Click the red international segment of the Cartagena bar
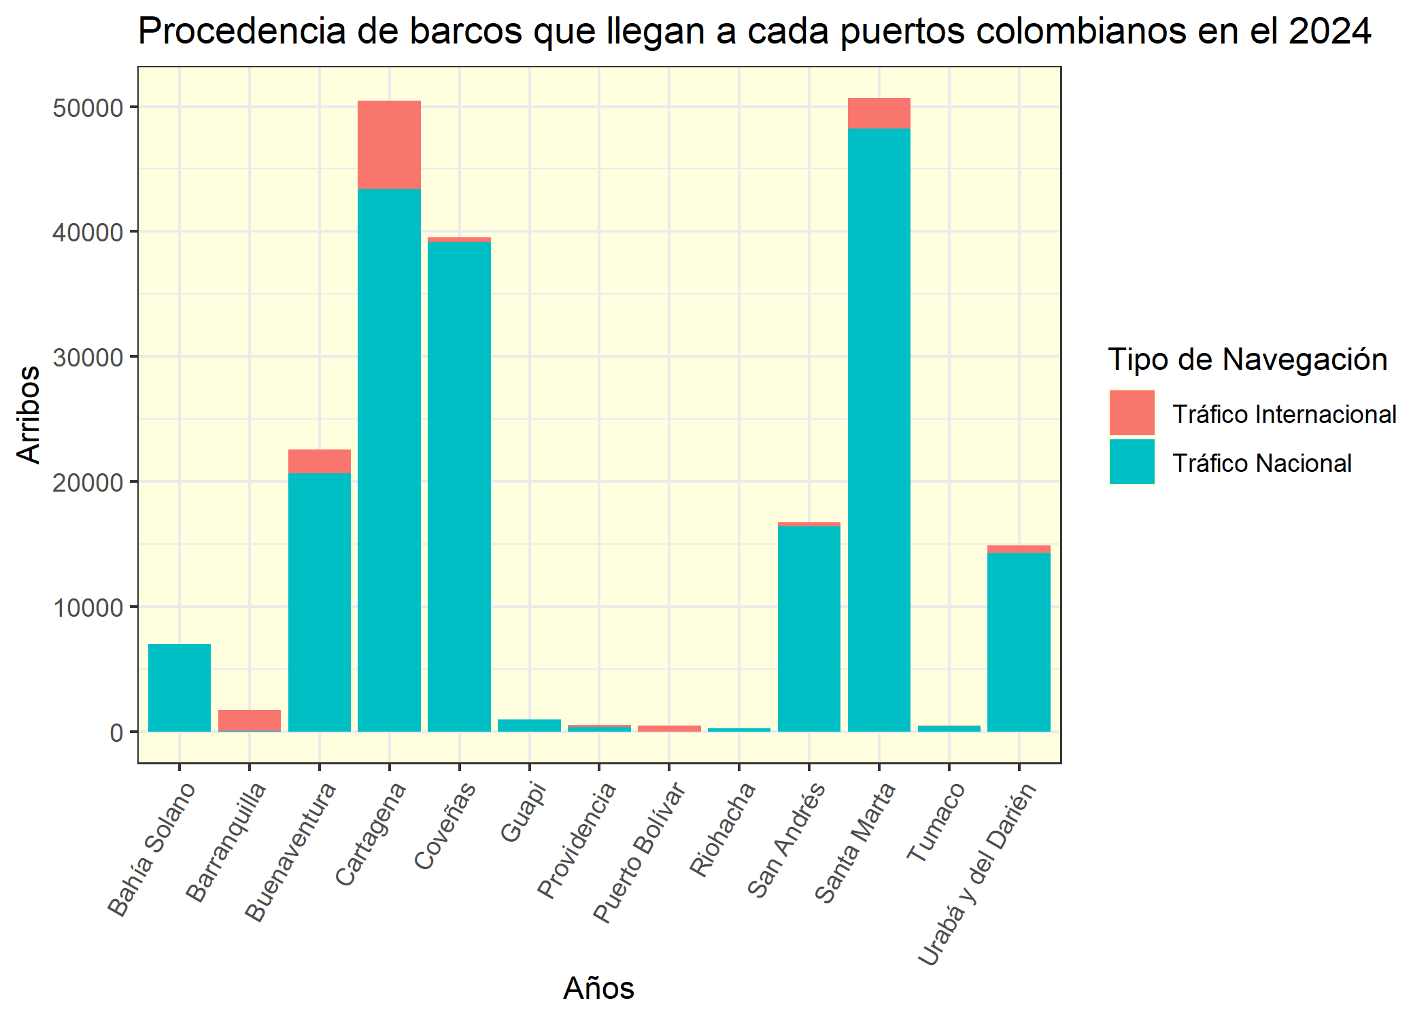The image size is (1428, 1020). click(389, 145)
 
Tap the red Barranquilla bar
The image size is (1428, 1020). click(249, 721)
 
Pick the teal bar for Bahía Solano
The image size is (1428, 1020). click(180, 687)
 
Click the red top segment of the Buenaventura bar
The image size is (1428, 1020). click(319, 461)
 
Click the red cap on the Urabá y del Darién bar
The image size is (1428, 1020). click(1019, 549)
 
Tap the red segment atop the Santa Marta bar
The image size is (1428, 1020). click(879, 114)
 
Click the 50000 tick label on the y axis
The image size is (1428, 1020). click(88, 108)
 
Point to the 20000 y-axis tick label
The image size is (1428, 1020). click(88, 482)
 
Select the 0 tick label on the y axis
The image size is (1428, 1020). click(116, 732)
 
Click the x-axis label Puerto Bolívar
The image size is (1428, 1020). click(639, 853)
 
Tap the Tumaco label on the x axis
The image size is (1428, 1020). click(936, 822)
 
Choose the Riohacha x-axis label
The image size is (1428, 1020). click(723, 830)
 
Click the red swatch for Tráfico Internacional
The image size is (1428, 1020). click(1132, 413)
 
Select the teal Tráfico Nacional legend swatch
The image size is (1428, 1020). click(1132, 462)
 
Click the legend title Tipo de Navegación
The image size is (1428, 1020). click(1247, 360)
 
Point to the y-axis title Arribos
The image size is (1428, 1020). click(29, 415)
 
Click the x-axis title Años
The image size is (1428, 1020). click(598, 988)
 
